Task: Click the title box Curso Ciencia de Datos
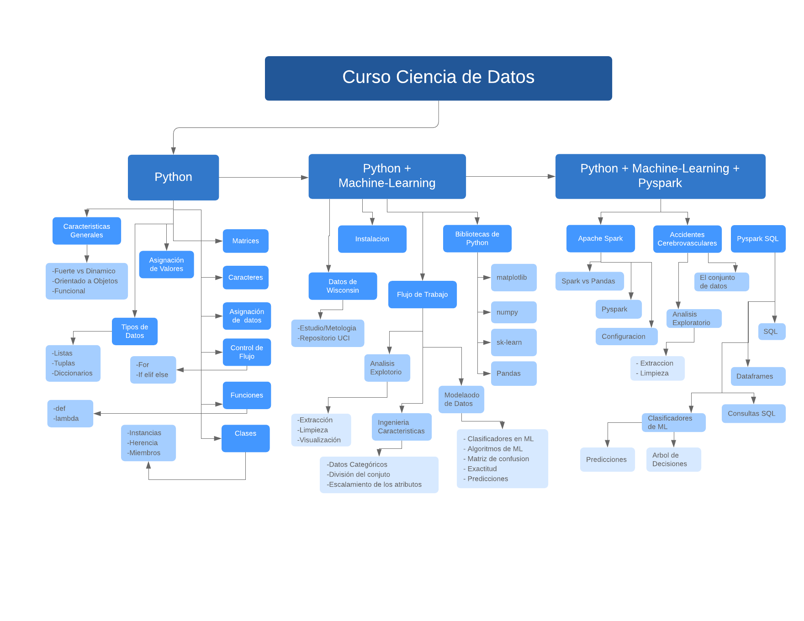tap(438, 78)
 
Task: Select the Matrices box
tap(245, 241)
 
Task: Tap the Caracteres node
tap(245, 277)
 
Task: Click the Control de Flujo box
tap(247, 352)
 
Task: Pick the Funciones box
tap(247, 395)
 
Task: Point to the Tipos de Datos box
tap(135, 331)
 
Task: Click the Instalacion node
tap(372, 239)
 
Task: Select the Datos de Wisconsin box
tap(343, 286)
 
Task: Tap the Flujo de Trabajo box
tap(422, 295)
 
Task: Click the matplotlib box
tap(513, 277)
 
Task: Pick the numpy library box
tap(513, 312)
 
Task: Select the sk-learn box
tap(513, 342)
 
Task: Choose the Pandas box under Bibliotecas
tap(513, 373)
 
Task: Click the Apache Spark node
tap(600, 238)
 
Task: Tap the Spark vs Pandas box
tap(589, 281)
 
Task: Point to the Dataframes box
tap(758, 376)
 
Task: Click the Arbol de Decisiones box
tap(673, 459)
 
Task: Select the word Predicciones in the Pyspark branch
tap(607, 459)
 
